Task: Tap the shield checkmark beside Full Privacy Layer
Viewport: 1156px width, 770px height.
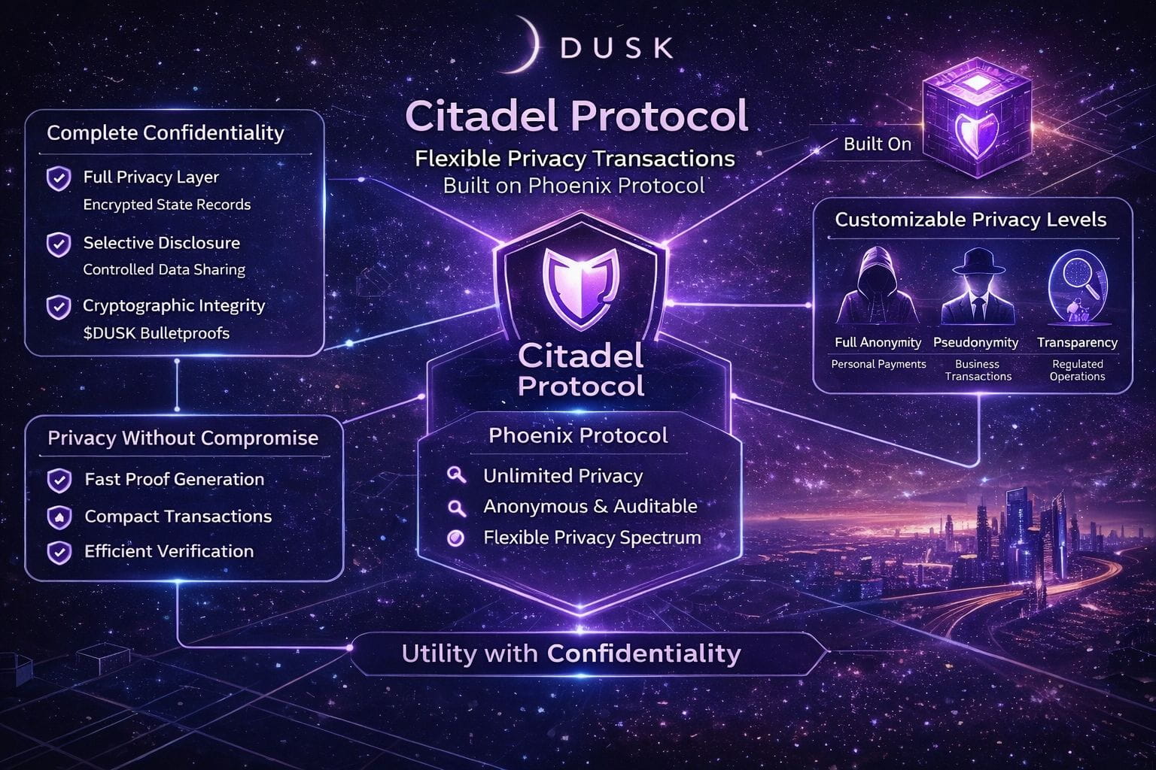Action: tap(59, 179)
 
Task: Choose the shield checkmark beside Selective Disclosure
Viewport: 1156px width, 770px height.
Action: tap(59, 244)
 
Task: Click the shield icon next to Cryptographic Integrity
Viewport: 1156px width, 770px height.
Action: tap(59, 307)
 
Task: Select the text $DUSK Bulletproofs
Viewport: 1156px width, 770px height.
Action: tap(156, 333)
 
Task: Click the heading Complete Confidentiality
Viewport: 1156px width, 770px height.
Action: tap(166, 133)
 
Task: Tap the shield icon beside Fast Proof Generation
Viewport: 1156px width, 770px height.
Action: tap(59, 480)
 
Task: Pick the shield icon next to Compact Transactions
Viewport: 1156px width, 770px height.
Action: tap(59, 517)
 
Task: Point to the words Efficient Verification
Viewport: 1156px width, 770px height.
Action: tap(169, 551)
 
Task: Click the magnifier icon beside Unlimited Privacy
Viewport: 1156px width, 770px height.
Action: tap(456, 475)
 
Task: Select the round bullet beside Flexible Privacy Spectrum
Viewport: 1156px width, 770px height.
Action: tap(455, 538)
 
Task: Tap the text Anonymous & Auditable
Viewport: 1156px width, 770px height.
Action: tap(590, 507)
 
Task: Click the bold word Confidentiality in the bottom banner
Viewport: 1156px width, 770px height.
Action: tap(643, 653)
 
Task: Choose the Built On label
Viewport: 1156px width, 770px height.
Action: tap(877, 144)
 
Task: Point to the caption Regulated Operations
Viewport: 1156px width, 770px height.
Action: tap(1077, 370)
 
